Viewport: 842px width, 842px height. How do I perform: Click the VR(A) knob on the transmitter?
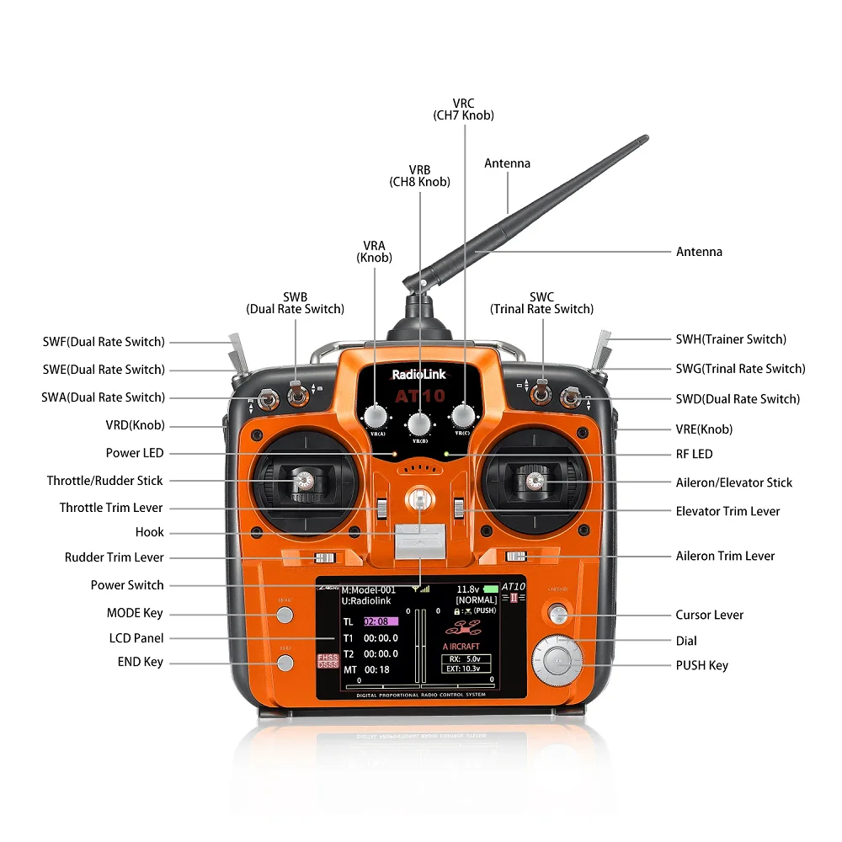click(x=376, y=415)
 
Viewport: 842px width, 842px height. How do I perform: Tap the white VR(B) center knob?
click(x=419, y=423)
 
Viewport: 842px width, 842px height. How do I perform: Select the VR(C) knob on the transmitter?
click(x=463, y=415)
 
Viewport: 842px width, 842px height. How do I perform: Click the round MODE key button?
click(x=285, y=615)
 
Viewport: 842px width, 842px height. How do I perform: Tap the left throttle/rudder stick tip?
click(x=303, y=481)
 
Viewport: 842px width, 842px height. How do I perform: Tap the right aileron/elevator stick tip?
click(x=532, y=481)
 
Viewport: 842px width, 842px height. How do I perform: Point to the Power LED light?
click(x=393, y=454)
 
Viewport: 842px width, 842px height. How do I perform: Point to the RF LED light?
click(x=446, y=454)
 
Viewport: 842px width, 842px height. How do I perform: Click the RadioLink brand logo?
click(x=419, y=376)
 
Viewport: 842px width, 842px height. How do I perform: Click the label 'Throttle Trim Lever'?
click(x=111, y=508)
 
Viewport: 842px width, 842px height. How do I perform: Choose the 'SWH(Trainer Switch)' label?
click(x=731, y=339)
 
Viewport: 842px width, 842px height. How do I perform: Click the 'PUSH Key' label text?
click(x=701, y=665)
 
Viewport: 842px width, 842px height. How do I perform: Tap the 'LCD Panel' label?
click(x=136, y=638)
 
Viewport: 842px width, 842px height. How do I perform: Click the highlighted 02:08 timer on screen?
click(x=380, y=621)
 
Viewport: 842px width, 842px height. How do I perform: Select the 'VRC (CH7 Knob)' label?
click(x=463, y=109)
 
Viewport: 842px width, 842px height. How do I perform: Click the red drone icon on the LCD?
click(x=466, y=627)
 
